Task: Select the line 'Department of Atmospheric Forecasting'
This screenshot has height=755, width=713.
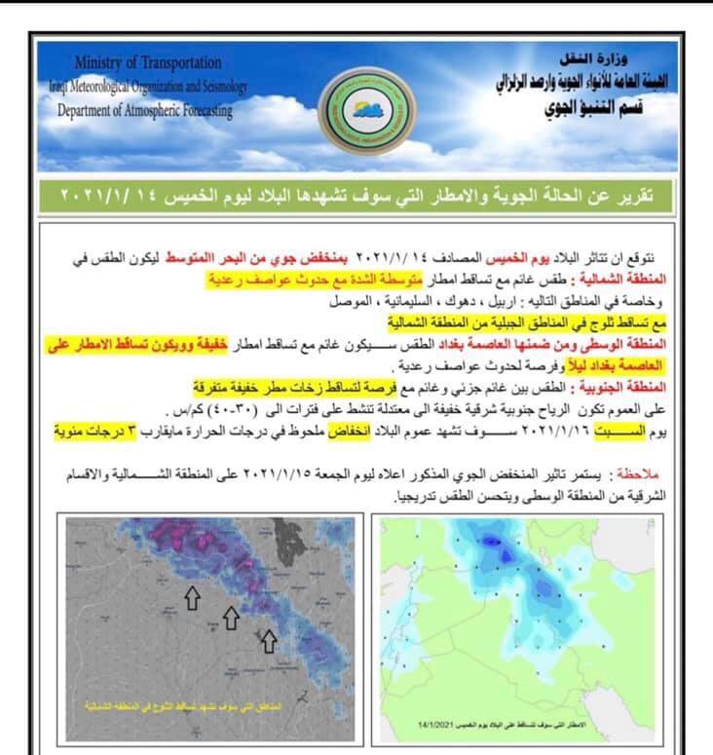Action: pos(145,110)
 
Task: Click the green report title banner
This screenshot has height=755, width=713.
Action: pos(356,196)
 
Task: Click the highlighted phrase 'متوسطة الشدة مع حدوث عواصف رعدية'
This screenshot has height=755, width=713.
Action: pos(312,279)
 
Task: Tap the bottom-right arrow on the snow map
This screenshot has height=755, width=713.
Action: pos(268,639)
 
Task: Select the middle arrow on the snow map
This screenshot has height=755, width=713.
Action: pos(230,616)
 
